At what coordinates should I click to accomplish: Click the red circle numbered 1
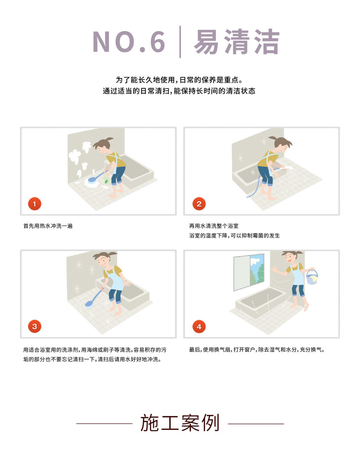pos(35,204)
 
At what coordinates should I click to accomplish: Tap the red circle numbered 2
pos(199,204)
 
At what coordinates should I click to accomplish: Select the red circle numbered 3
pos(35,327)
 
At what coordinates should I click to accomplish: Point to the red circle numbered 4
pos(199,327)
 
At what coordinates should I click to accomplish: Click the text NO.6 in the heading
pos(129,42)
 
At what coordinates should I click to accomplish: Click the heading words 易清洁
pos(237,42)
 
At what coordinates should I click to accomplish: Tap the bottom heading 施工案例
pos(180,423)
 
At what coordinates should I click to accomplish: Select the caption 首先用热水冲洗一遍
pos(48,226)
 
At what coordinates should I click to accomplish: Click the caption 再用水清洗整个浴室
pos(214,226)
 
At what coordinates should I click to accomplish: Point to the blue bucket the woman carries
pos(312,277)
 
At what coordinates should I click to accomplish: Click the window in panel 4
pos(249,272)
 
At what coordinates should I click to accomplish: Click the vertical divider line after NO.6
pos(180,42)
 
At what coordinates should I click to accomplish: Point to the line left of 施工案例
pos(104,423)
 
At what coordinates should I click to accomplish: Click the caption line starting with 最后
pos(257,350)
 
